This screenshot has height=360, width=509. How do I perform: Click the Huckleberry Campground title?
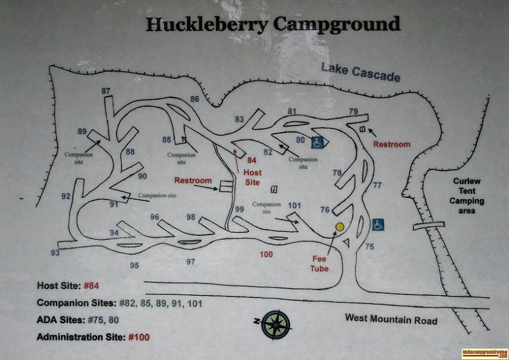point(273,25)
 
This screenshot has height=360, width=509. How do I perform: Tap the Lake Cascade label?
point(360,72)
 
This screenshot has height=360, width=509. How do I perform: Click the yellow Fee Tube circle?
point(340,226)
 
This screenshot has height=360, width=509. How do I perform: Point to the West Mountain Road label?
point(391,320)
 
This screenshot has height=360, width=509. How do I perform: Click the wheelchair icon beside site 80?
point(317,143)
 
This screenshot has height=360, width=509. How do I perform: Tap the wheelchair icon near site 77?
point(378,224)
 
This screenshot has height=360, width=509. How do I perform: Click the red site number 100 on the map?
point(267,254)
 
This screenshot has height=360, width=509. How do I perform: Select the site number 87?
point(106,91)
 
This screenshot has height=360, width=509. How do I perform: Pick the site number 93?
point(55,253)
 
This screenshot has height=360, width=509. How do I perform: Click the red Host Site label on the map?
point(253,177)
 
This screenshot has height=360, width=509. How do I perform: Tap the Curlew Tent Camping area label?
point(468,196)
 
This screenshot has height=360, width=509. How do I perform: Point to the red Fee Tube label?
point(319,264)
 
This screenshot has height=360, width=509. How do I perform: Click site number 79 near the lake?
point(354,111)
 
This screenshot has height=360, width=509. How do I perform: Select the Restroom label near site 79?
point(391,144)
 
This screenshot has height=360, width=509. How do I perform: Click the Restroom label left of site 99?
point(193,181)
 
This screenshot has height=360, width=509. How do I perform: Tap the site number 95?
point(134,265)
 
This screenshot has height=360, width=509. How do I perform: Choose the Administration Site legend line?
point(94,336)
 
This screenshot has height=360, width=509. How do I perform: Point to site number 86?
point(195,99)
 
